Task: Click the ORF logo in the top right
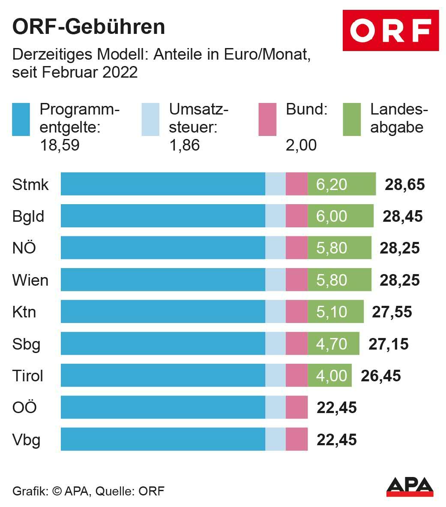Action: [x=390, y=30]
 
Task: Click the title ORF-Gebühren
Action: [x=89, y=27]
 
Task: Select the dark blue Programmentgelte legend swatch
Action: [x=21, y=119]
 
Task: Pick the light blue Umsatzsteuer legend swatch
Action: [x=150, y=119]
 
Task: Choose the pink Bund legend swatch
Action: [x=267, y=119]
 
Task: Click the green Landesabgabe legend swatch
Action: [x=352, y=119]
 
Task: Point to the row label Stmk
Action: [x=30, y=184]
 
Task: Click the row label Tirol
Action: [x=28, y=376]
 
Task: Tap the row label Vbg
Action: [x=27, y=440]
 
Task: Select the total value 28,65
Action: [x=404, y=184]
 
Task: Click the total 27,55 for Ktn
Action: [x=392, y=312]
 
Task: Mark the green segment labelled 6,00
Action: [x=340, y=216]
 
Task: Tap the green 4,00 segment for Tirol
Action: [x=329, y=376]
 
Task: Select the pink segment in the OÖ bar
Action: [x=296, y=407]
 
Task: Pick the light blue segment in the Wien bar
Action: [x=275, y=280]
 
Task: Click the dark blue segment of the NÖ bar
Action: [x=163, y=248]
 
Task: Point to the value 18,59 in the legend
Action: [x=60, y=145]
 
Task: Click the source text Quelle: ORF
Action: [x=130, y=491]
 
